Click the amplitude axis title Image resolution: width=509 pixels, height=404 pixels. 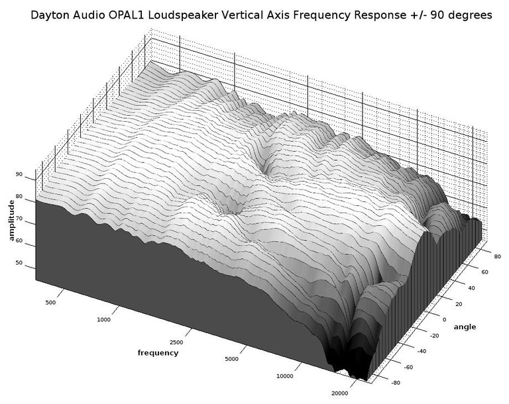(12, 221)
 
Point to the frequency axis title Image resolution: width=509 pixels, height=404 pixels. (158, 353)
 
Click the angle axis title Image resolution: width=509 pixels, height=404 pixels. (465, 327)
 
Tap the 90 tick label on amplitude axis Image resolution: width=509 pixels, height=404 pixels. (19, 174)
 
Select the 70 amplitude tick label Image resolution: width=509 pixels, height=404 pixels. (19, 219)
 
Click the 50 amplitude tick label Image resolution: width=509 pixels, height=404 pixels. (19, 262)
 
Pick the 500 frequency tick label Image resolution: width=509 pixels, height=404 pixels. (50, 303)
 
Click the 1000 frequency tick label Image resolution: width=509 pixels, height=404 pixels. (103, 320)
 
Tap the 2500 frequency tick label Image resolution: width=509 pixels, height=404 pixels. (176, 342)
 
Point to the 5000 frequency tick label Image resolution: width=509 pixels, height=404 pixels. (231, 359)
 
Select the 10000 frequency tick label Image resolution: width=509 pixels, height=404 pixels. (285, 376)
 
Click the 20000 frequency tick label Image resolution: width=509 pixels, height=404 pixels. (340, 393)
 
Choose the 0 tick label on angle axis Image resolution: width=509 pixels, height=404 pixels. (445, 320)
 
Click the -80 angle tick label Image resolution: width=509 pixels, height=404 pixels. (395, 383)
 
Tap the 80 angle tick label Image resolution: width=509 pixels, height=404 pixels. (497, 257)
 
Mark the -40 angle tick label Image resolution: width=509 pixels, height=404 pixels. (421, 351)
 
